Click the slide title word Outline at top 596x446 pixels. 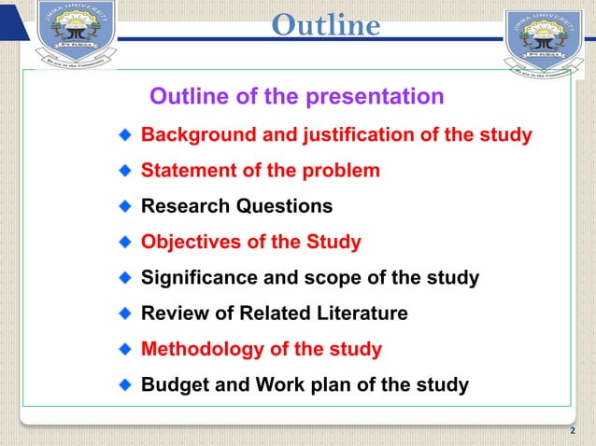(x=325, y=25)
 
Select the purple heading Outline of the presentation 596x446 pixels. (x=297, y=97)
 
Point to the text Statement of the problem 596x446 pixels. (x=260, y=171)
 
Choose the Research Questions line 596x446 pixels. (x=235, y=206)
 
